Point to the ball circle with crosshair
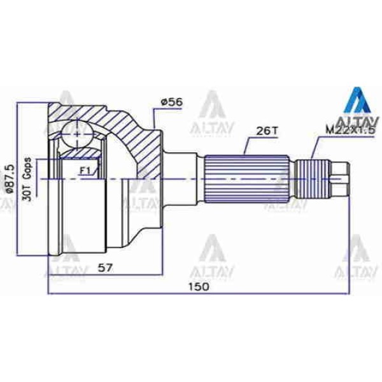pos(76,135)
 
